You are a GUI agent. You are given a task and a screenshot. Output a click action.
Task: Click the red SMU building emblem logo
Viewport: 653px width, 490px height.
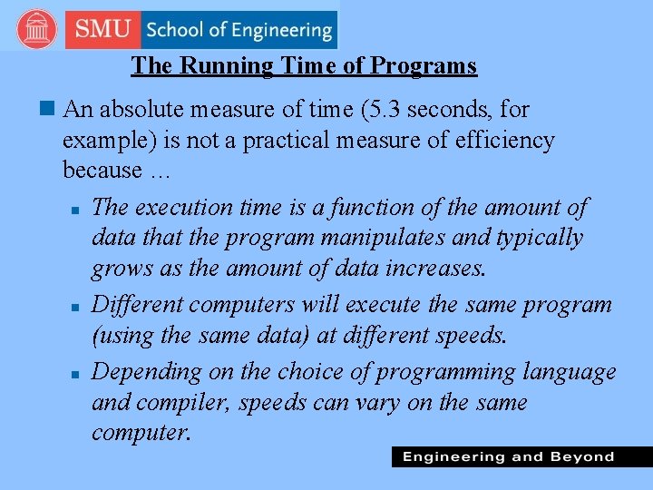click(36, 29)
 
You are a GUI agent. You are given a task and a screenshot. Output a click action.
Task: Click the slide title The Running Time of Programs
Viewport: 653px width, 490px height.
click(304, 65)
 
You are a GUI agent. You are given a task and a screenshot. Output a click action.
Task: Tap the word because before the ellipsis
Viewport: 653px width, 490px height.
click(102, 171)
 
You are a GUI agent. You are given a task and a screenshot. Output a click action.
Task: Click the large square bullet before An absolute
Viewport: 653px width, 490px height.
click(47, 110)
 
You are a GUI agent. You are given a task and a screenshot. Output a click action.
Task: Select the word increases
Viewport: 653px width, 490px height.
click(441, 269)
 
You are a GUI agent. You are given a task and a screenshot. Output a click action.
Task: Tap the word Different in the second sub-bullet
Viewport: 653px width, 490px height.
click(137, 304)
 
